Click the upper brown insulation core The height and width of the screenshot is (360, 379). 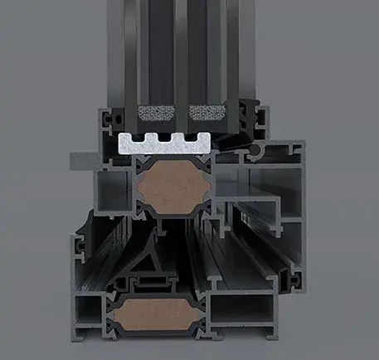click(x=172, y=189)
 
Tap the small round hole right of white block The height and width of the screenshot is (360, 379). click(x=265, y=152)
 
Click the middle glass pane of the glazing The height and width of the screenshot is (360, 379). click(x=181, y=50)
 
